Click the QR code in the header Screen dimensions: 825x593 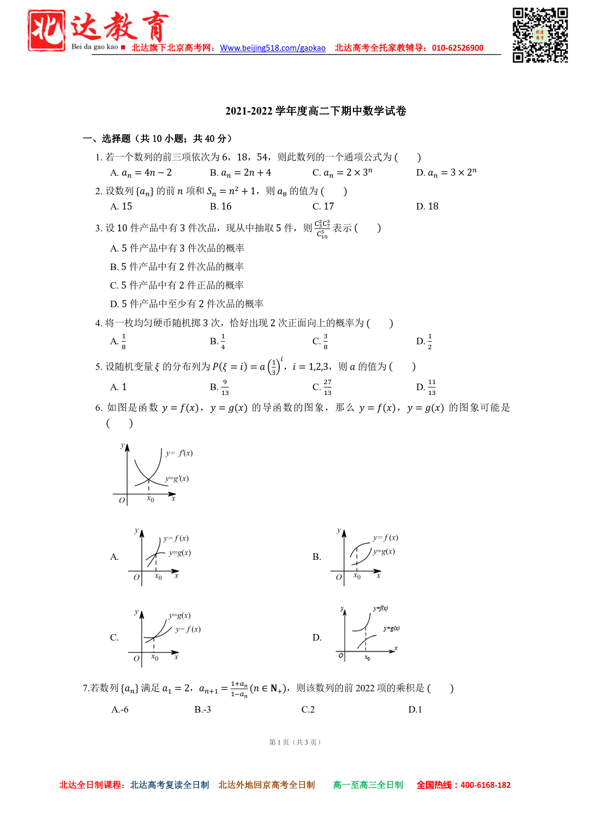coord(540,35)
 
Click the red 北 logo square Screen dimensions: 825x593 coord(46,31)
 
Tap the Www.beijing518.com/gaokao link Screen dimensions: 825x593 coord(273,48)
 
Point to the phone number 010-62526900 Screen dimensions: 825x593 coord(458,48)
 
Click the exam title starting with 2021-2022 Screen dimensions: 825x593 coord(315,111)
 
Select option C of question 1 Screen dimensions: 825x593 coord(343,173)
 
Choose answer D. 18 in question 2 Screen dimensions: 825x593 coord(427,206)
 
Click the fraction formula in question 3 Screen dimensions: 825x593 coord(322,229)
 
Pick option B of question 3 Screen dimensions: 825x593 coord(177,267)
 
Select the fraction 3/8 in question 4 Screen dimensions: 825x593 coord(326,342)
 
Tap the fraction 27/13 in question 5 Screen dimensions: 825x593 coord(327,387)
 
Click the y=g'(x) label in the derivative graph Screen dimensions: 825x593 coord(177,479)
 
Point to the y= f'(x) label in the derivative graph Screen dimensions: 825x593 coord(179,453)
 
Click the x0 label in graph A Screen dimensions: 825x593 coord(158,577)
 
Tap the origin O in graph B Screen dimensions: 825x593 coord(339,577)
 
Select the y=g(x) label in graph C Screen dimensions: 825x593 coord(179,615)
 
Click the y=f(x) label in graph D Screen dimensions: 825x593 coord(380,608)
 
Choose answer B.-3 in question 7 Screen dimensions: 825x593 coord(202,709)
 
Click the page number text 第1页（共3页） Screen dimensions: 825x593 coord(295,742)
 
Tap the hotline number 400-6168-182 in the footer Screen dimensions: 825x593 coord(486,785)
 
